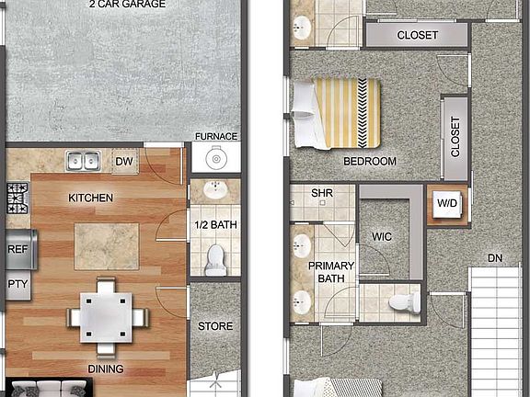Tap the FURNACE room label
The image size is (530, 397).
point(216,137)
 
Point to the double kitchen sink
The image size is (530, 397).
point(83,163)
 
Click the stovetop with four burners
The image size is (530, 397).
point(17,196)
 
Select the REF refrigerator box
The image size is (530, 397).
point(17,248)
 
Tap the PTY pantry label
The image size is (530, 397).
point(17,284)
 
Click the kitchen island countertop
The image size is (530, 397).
point(107,245)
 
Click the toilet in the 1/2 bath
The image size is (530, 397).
point(215,258)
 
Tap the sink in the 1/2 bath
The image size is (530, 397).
point(215,192)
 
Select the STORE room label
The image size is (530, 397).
point(215,326)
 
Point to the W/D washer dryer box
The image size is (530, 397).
point(448,203)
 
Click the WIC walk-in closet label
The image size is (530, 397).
point(383,237)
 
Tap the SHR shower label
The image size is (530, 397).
point(321,193)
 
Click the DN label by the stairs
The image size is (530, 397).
point(496,258)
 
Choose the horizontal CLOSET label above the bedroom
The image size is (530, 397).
point(417,36)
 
